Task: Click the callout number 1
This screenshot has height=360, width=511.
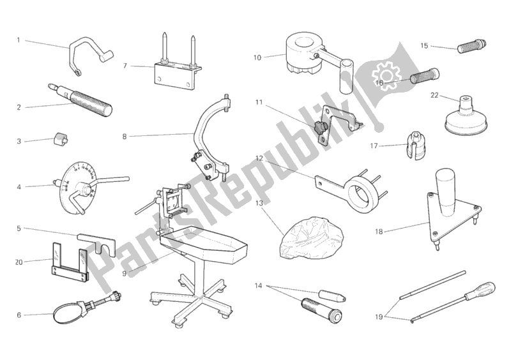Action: click(x=19, y=40)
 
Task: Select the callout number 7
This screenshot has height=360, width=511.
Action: click(x=125, y=65)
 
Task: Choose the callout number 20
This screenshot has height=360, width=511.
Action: click(x=19, y=261)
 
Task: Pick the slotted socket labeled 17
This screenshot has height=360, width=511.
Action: click(x=411, y=146)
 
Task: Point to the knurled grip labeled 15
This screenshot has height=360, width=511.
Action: click(x=473, y=45)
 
